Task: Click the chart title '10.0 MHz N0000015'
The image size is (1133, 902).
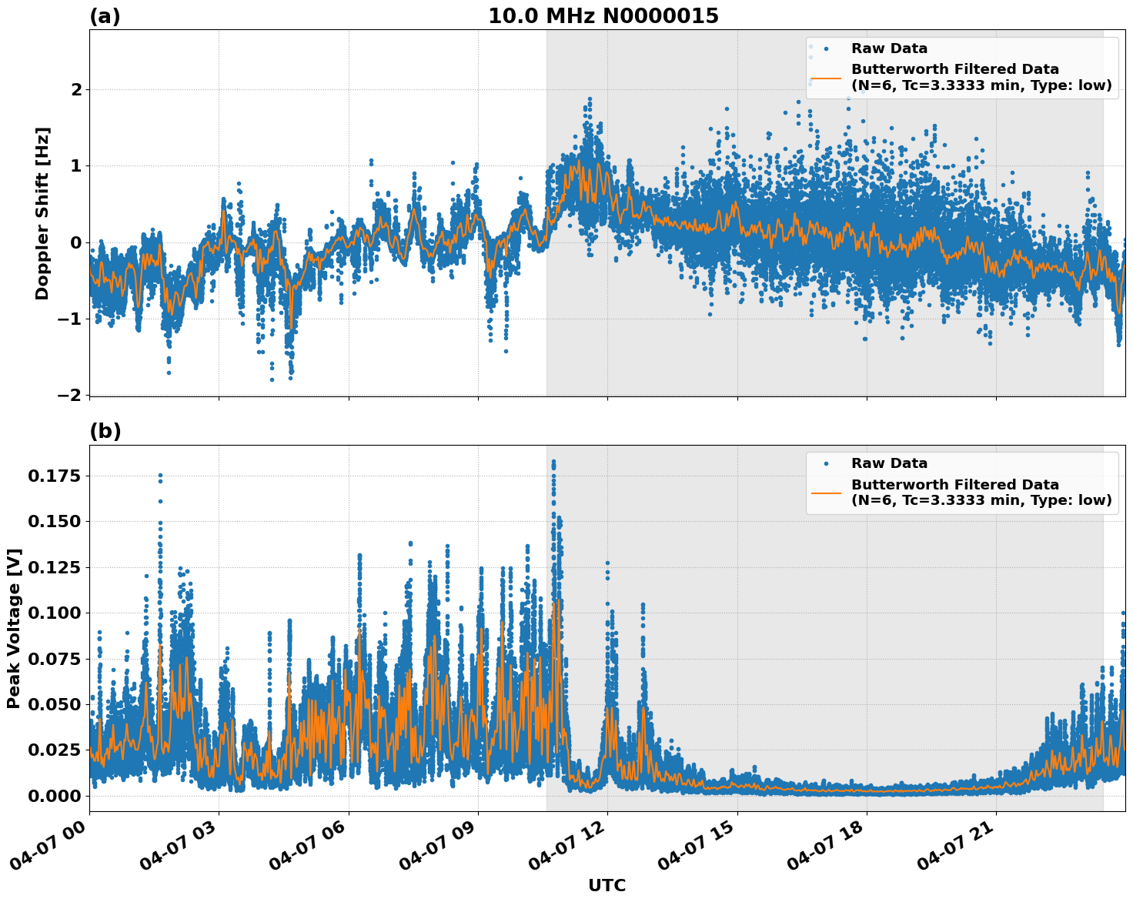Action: click(x=603, y=16)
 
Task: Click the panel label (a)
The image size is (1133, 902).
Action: click(x=105, y=16)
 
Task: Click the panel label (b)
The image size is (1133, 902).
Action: click(x=105, y=431)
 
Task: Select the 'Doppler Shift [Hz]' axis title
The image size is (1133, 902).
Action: click(x=42, y=213)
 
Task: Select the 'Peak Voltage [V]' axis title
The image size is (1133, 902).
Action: click(x=14, y=628)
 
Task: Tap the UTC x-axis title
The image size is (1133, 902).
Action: click(x=607, y=885)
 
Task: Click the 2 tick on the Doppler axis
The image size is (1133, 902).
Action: click(x=76, y=90)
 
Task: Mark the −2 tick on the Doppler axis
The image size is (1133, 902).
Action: click(x=69, y=395)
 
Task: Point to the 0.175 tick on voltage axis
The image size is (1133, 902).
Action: click(x=54, y=476)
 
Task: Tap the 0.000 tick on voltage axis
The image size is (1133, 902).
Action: click(x=54, y=796)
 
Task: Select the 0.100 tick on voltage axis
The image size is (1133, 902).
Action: click(x=54, y=613)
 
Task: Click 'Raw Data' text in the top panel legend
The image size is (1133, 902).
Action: click(x=889, y=48)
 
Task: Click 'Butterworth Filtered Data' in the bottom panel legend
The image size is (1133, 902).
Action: click(x=954, y=485)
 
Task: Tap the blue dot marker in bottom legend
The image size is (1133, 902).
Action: click(x=826, y=464)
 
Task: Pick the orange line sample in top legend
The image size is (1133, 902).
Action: click(x=826, y=78)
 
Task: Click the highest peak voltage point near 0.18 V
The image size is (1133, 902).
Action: click(x=553, y=462)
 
